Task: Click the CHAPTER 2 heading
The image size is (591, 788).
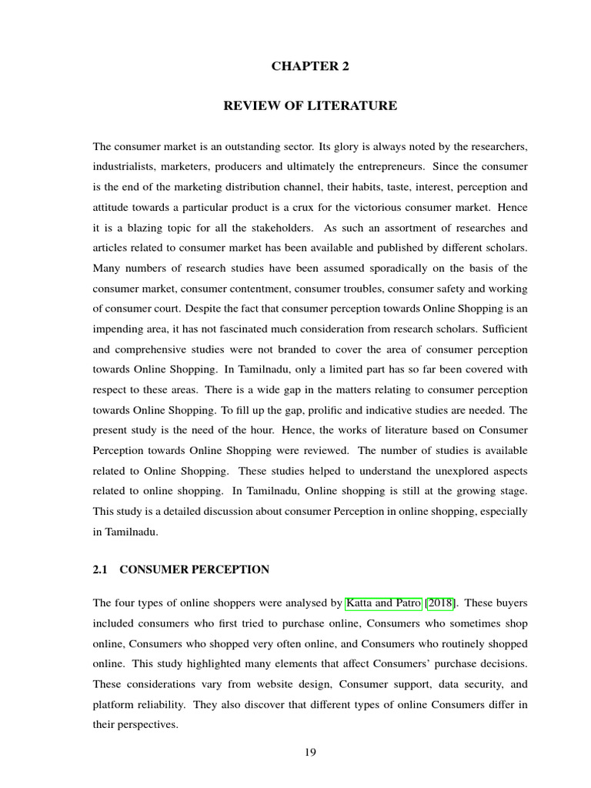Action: click(x=310, y=66)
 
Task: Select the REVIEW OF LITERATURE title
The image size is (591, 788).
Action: click(x=310, y=106)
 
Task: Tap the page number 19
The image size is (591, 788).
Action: click(x=310, y=752)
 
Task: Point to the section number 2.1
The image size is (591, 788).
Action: click(x=101, y=569)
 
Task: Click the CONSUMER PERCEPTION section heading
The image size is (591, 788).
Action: click(x=195, y=569)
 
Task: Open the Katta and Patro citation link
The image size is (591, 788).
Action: click(x=384, y=603)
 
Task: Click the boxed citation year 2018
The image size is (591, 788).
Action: click(x=442, y=603)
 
